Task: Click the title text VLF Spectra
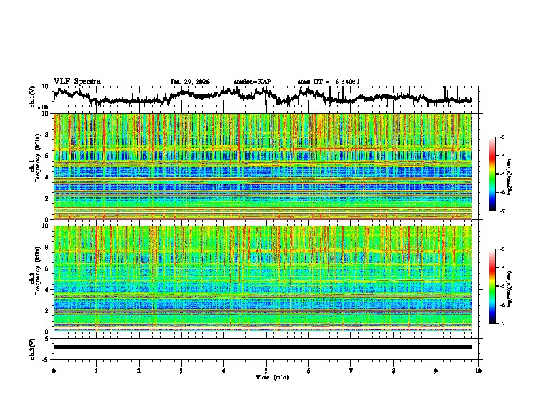click(77, 81)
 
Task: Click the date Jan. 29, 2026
click(190, 82)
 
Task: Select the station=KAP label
click(252, 82)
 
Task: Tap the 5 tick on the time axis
click(266, 370)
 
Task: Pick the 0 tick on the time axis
click(54, 370)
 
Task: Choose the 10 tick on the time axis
click(478, 370)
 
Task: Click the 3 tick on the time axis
click(181, 370)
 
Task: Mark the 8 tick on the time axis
click(393, 370)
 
